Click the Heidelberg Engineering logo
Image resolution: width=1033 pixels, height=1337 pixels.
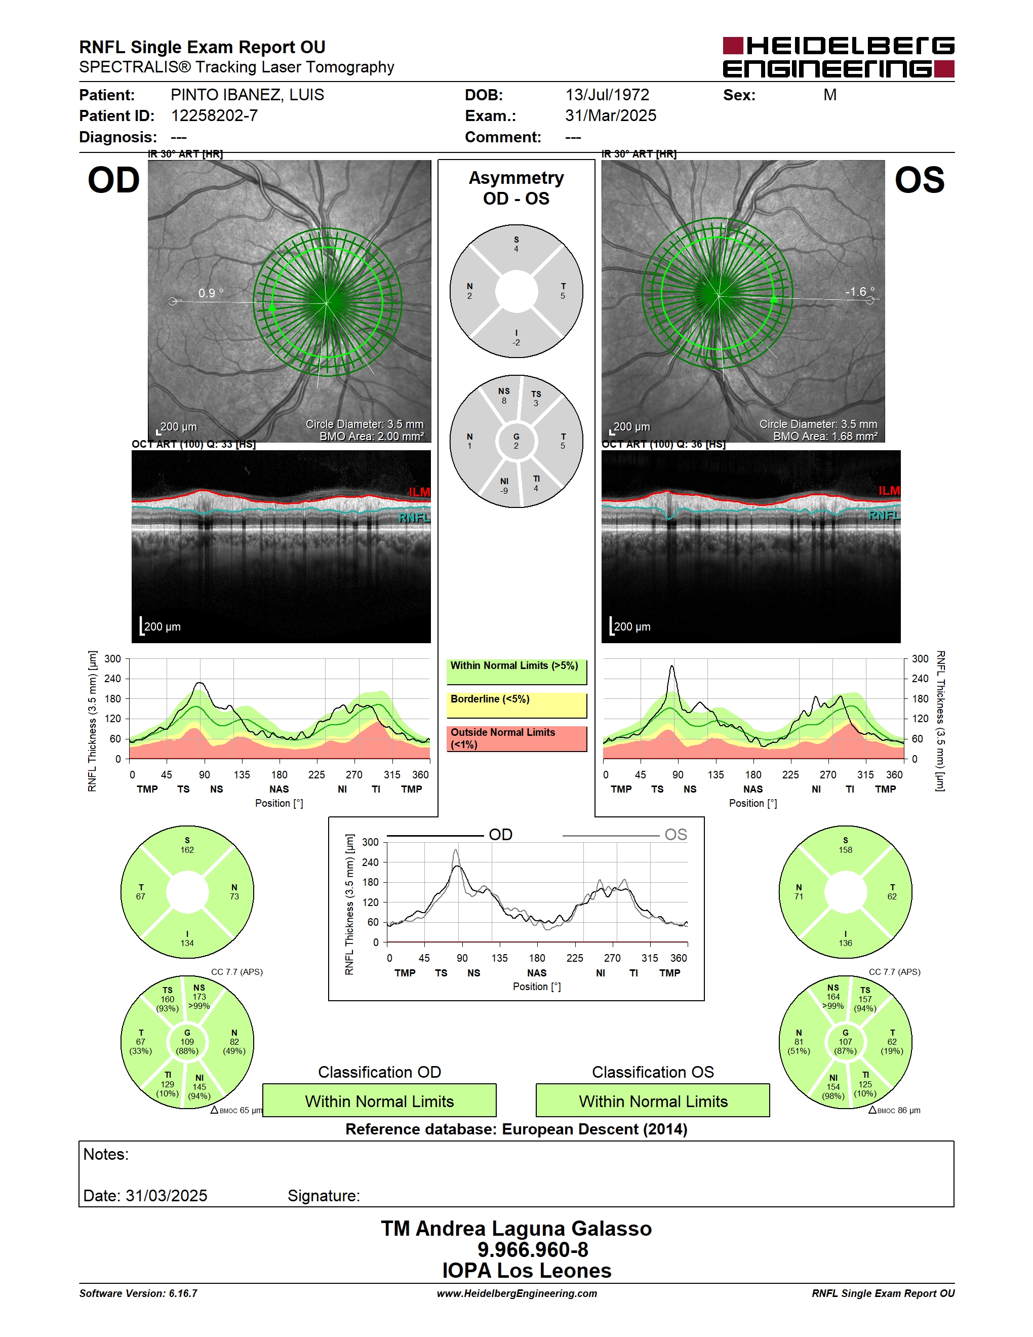[839, 57]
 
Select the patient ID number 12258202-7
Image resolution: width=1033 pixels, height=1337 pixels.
[214, 115]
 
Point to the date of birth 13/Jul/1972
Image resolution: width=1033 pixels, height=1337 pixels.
[607, 95]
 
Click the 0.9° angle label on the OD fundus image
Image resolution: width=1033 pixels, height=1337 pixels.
[211, 293]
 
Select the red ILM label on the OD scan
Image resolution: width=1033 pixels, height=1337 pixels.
[419, 492]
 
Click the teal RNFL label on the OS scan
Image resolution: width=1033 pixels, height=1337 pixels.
[884, 516]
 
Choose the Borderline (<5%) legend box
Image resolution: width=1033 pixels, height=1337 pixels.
[516, 705]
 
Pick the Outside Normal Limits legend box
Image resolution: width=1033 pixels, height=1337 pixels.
[516, 739]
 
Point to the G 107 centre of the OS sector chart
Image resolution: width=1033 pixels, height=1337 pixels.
[845, 1042]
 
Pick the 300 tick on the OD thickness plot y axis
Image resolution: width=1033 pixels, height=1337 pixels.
[112, 659]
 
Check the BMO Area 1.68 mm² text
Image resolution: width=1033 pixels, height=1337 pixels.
[825, 437]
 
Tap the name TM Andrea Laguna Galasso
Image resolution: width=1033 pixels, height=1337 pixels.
[516, 1229]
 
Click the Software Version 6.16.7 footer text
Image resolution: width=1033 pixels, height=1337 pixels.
[138, 1293]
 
